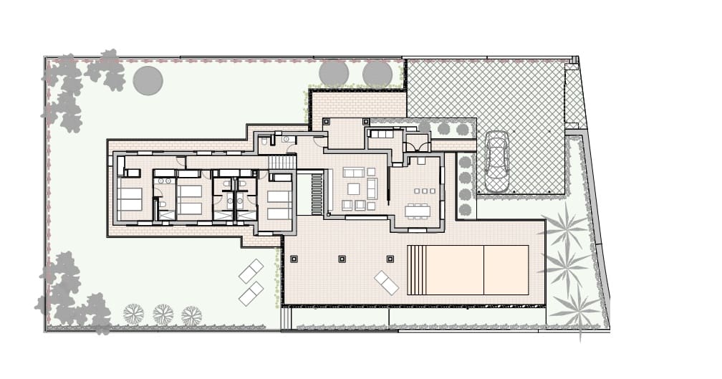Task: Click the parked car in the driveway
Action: [496, 161]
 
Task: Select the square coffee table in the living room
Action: [354, 188]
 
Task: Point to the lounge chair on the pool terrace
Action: [386, 283]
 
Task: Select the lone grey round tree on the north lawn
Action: [148, 80]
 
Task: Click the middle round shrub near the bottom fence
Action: [163, 314]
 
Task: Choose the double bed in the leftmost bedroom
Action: [130, 199]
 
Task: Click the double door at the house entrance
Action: [417, 146]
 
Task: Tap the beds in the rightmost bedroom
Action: [279, 204]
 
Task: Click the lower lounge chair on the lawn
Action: [251, 294]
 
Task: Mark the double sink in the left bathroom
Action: [164, 181]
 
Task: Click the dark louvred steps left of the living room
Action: [317, 193]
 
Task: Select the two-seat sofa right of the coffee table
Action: [372, 189]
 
